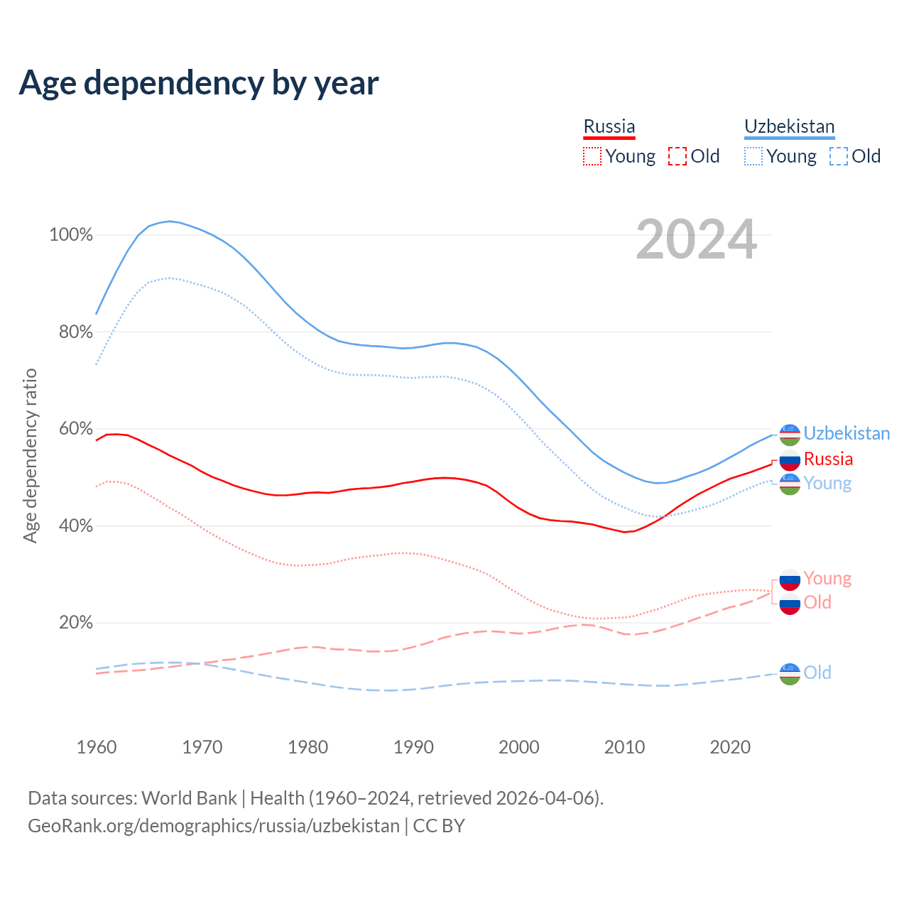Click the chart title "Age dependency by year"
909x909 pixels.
tap(199, 83)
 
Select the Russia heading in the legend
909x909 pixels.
tap(609, 126)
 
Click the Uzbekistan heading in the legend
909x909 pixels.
tap(789, 126)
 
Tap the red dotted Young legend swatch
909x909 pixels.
tap(592, 156)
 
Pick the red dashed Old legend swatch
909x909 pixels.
tap(677, 156)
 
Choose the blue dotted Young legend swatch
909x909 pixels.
tap(753, 156)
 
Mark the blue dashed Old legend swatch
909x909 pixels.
tap(839, 156)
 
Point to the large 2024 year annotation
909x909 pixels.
tap(696, 239)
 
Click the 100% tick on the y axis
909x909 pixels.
tap(71, 235)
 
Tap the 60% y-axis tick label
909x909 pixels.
tap(75, 429)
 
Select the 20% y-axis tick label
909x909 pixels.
tap(75, 623)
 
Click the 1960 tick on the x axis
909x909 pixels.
tap(97, 747)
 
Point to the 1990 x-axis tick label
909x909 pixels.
tap(413, 747)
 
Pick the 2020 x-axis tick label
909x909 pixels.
tap(730, 747)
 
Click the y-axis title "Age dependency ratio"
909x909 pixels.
tap(30, 455)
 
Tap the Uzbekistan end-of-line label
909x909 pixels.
tap(847, 433)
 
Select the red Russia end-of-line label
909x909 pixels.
tap(828, 459)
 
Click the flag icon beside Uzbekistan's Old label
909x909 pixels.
tap(790, 673)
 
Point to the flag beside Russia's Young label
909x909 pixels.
tap(790, 579)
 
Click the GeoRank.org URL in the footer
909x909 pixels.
tap(213, 826)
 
